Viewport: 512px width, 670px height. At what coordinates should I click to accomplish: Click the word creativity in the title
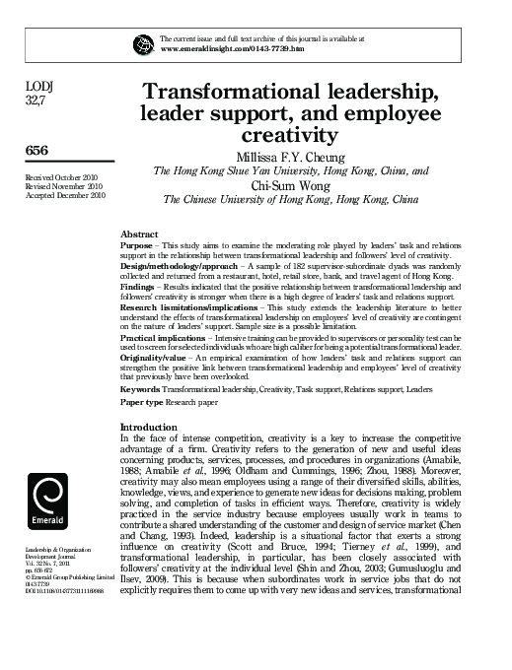[290, 134]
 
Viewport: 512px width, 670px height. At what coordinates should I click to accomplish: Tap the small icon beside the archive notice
[139, 41]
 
